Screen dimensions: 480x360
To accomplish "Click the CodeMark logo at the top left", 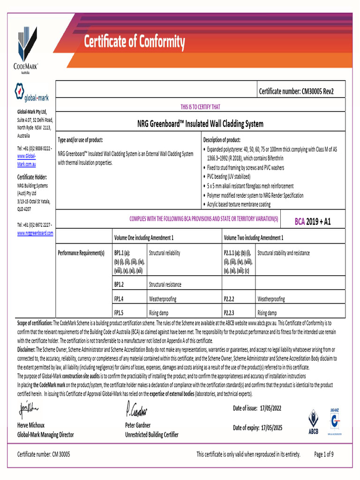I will [x=27, y=49].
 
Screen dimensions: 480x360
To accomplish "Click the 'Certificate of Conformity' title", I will [x=134, y=43].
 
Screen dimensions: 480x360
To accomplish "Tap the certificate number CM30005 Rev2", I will [x=296, y=91].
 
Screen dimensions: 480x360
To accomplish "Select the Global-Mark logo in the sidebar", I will [x=32, y=93].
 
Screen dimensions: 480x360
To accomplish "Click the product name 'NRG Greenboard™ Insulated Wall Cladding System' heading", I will [x=200, y=124].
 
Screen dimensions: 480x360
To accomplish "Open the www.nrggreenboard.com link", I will [x=35, y=232].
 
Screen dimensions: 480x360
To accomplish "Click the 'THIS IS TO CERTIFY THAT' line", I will [x=200, y=107].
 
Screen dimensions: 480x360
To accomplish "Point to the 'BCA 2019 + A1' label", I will [x=312, y=221].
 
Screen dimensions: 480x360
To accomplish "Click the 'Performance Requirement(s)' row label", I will [x=81, y=253].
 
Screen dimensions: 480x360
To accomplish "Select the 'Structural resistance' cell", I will [x=165, y=284].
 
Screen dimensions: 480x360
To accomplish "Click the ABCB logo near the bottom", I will [x=313, y=421].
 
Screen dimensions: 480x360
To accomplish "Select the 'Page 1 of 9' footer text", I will [x=323, y=454].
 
